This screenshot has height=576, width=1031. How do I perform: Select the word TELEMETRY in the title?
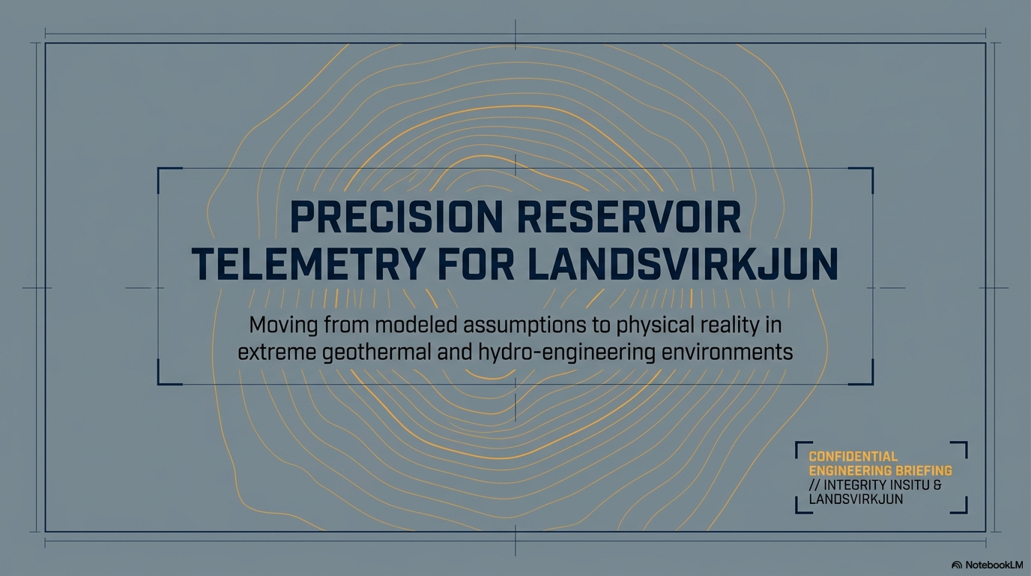coord(307,265)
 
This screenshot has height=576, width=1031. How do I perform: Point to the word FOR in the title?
coord(476,265)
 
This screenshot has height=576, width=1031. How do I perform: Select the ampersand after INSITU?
coord(937,484)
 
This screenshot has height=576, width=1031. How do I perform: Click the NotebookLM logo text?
coord(994,565)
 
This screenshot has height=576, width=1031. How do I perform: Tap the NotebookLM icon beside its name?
coord(956,565)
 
